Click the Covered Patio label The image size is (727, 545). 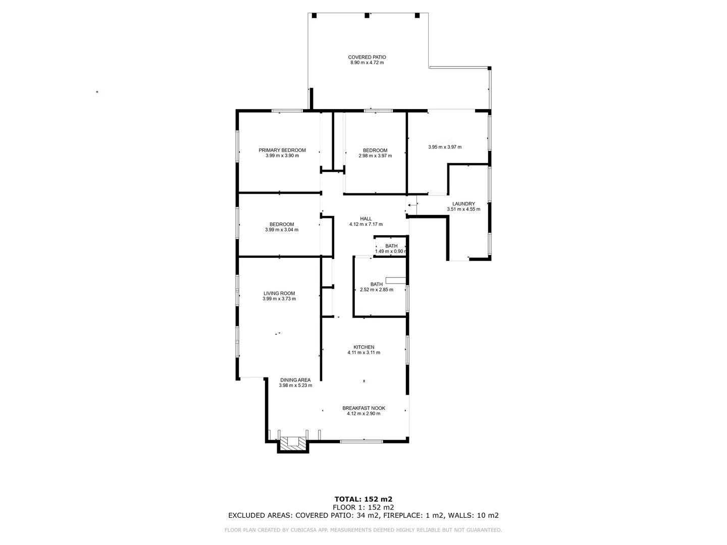click(x=367, y=57)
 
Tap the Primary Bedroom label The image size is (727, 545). click(x=282, y=150)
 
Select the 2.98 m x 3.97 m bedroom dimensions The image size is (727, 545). click(x=375, y=156)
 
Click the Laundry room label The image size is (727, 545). click(x=463, y=204)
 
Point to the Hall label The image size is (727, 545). click(x=366, y=219)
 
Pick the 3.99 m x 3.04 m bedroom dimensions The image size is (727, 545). click(x=281, y=230)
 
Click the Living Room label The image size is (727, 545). click(x=279, y=293)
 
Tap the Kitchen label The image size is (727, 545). click(x=363, y=347)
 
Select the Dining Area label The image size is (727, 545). click(x=295, y=380)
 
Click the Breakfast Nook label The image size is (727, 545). click(x=363, y=408)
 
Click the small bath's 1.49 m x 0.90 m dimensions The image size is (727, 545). click(x=391, y=251)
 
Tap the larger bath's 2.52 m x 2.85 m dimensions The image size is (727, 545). click(x=376, y=290)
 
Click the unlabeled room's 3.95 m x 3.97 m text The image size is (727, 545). click(x=444, y=147)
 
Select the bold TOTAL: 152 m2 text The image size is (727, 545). click(x=363, y=499)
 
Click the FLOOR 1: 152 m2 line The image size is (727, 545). click(x=363, y=507)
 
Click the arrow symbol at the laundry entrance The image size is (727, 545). click(x=409, y=205)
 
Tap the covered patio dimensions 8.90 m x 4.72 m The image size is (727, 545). click(x=367, y=63)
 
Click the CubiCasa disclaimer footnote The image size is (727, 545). click(x=363, y=530)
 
